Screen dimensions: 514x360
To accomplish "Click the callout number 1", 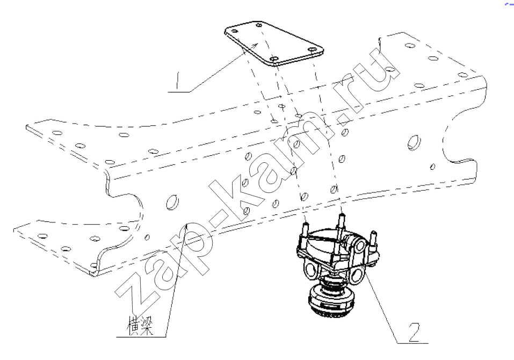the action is [x=178, y=81].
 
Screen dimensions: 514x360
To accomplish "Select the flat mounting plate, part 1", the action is [x=274, y=44].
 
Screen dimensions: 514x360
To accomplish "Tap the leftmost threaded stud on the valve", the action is [x=305, y=229].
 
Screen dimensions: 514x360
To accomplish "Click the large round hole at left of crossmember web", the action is [x=172, y=202].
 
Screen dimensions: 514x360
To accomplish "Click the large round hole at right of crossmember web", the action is [x=414, y=142].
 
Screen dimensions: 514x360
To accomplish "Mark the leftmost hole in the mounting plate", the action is [x=235, y=32].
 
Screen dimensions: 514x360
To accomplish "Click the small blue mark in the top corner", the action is [x=509, y=3].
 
